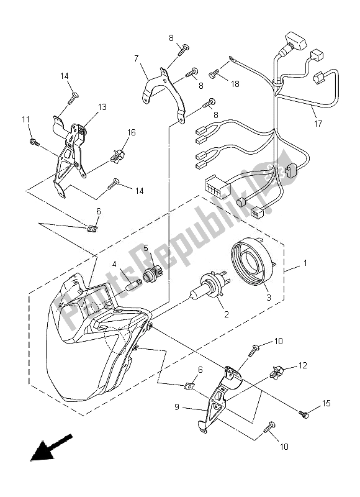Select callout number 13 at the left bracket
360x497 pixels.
(x=102, y=106)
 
